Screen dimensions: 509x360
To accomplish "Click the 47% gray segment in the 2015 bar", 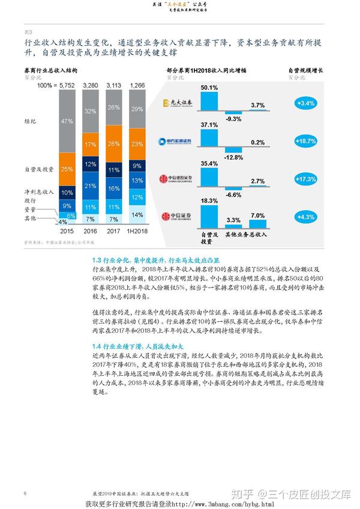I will coord(68,121).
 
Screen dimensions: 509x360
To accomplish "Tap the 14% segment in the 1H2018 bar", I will coord(137,214).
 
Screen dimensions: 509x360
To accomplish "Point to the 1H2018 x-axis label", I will coord(137,230).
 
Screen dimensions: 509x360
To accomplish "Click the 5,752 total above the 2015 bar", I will coord(68,86).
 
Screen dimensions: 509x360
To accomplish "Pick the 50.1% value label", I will coord(209,88).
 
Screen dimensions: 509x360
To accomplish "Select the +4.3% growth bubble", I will coord(306,217).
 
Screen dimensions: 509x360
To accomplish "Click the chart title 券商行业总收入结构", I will coord(50,71).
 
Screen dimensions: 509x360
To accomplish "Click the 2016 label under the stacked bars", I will coord(91,230).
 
